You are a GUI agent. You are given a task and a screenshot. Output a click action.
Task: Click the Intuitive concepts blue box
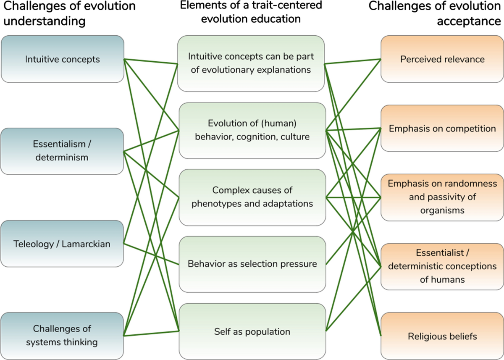click(x=62, y=59)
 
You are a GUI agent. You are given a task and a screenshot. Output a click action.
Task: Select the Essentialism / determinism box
click(x=62, y=151)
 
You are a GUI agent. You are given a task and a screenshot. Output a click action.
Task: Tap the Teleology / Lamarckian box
click(x=62, y=243)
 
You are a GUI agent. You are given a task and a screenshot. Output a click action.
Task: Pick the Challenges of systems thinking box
click(x=62, y=335)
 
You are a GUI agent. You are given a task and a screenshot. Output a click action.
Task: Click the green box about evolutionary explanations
click(x=251, y=63)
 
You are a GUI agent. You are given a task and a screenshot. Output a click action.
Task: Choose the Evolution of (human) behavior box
click(x=252, y=130)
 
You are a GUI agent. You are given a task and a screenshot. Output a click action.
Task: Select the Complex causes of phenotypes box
click(x=252, y=197)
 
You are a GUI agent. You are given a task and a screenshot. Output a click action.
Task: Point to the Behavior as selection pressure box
click(x=252, y=264)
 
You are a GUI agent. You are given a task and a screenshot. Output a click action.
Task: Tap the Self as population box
click(x=252, y=331)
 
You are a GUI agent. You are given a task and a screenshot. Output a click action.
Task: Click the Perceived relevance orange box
click(x=442, y=59)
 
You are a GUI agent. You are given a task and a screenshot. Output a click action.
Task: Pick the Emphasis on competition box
click(x=442, y=128)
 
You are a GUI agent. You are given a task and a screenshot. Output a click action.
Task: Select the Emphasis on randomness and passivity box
click(x=442, y=197)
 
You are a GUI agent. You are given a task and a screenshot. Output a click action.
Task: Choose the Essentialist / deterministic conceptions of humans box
click(x=442, y=266)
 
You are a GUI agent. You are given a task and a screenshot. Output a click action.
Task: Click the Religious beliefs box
click(x=442, y=336)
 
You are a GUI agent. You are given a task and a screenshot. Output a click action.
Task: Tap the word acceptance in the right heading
click(x=469, y=21)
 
